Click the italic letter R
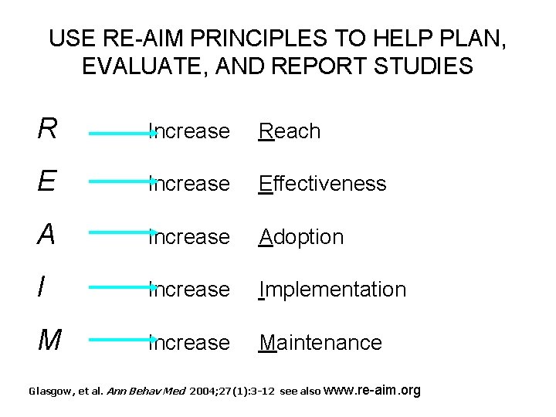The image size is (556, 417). click(47, 129)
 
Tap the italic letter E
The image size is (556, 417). click(47, 181)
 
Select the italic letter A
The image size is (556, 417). click(47, 234)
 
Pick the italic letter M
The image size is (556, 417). click(49, 339)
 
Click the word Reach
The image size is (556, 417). click(290, 131)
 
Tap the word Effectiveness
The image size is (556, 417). click(322, 184)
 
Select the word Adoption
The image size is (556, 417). click(301, 236)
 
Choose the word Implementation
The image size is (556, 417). click(332, 290)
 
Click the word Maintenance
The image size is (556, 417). click(320, 342)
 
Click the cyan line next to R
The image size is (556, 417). click(122, 133)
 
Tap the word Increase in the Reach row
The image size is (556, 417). click(189, 131)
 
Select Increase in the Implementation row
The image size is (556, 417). click(189, 290)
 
